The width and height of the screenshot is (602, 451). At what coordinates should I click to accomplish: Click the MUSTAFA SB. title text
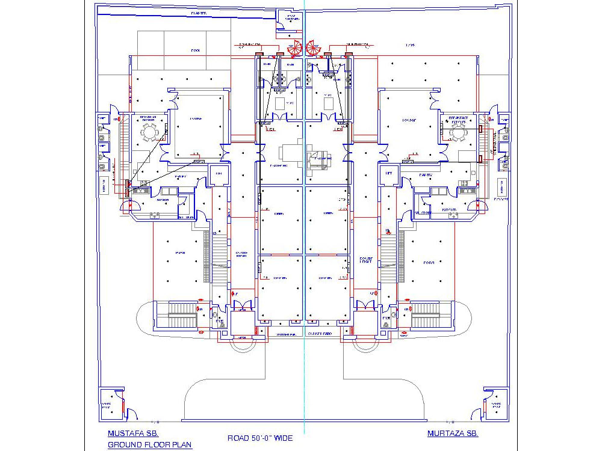(x=133, y=433)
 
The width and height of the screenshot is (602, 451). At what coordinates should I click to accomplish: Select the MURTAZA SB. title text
(x=453, y=433)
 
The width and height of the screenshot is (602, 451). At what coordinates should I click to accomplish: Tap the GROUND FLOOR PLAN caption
(x=149, y=445)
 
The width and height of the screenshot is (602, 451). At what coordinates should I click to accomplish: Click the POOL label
(x=195, y=51)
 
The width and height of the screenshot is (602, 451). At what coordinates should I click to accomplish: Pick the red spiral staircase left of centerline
(x=294, y=49)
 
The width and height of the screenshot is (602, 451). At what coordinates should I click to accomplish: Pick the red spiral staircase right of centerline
(x=314, y=49)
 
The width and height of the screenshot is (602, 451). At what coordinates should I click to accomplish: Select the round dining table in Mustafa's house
(x=149, y=132)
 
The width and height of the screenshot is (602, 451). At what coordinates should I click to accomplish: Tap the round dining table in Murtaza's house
(x=459, y=133)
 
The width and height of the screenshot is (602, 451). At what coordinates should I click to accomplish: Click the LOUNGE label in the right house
(x=409, y=120)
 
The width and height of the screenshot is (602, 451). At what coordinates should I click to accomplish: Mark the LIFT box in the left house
(x=217, y=174)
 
